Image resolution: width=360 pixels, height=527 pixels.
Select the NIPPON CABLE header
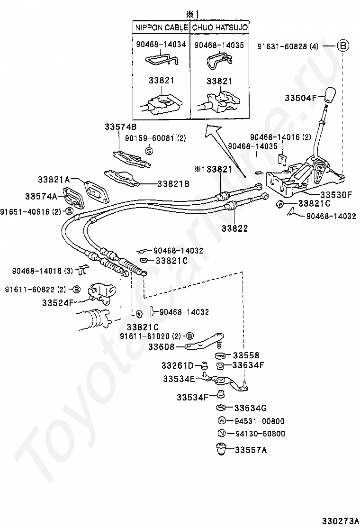[162, 27]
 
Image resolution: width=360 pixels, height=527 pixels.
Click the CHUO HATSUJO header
[220, 27]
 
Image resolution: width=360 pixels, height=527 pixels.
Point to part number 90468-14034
[161, 45]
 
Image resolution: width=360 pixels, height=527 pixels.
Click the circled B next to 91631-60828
[342, 46]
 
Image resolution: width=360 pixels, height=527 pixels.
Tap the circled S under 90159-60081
[149, 151]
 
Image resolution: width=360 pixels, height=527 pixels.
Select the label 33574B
[120, 127]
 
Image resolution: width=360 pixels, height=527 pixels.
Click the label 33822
[234, 228]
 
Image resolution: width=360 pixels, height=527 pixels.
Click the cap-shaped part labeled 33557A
[220, 448]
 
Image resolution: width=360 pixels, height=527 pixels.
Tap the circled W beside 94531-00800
[221, 421]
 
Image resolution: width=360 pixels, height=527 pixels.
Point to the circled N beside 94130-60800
[221, 433]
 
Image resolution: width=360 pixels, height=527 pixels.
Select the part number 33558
[246, 355]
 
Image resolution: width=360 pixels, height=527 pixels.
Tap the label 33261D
[178, 365]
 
